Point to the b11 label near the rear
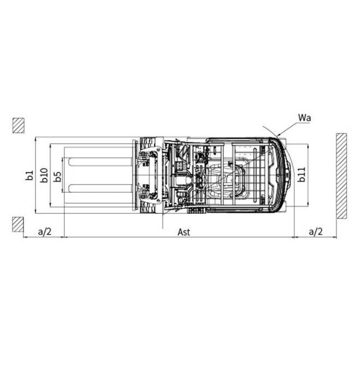click(301, 175)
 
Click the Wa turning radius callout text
click(305, 118)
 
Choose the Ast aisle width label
click(184, 231)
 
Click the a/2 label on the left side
click(45, 231)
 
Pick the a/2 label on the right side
click(316, 231)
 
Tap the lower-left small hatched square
click(18, 224)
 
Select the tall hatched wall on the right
click(341, 175)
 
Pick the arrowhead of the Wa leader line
click(278, 135)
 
